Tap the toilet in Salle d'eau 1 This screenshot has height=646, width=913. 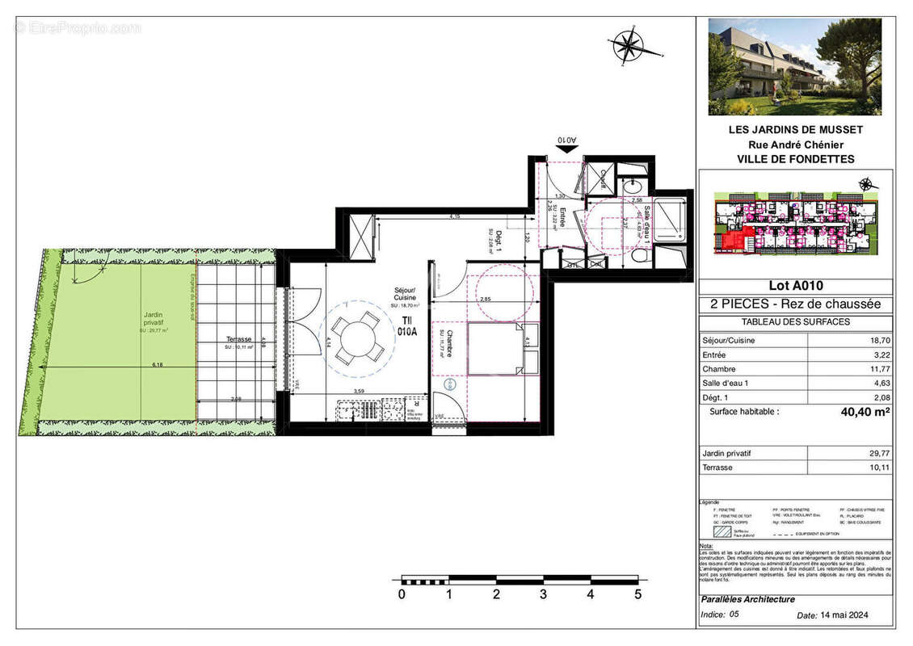639,257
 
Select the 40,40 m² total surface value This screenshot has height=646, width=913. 865,411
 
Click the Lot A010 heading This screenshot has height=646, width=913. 795,285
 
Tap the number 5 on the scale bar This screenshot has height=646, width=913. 637,595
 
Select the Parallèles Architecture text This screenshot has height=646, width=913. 748,600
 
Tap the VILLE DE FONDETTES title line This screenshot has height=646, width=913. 795,159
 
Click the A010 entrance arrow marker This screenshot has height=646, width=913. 568,141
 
